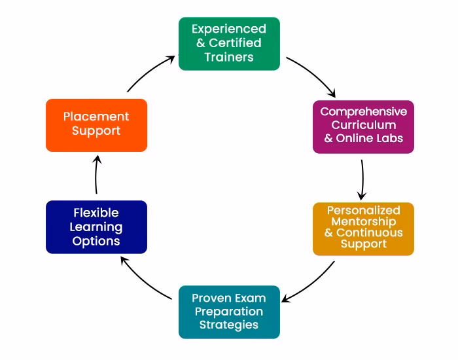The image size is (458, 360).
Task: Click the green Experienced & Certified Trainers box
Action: coord(229,43)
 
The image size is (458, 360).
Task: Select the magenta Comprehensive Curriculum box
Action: coord(363,126)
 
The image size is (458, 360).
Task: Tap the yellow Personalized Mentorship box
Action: coord(363,228)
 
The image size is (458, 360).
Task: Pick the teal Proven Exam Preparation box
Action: coord(229,312)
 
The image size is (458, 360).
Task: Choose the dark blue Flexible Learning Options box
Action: coord(96,226)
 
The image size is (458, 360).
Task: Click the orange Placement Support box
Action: coord(96,124)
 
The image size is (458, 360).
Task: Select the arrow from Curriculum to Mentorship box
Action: coord(362,177)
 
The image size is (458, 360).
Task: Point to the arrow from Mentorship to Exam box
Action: coord(309,283)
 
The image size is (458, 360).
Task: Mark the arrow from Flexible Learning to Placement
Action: coord(96,175)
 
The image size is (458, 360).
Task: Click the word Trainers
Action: coord(229,57)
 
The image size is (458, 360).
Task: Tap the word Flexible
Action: coord(96,213)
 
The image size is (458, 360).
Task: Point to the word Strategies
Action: coord(229,325)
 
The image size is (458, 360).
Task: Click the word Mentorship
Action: coord(363,221)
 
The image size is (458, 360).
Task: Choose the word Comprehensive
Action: coord(363,112)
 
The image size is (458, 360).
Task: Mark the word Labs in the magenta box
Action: coord(390,138)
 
